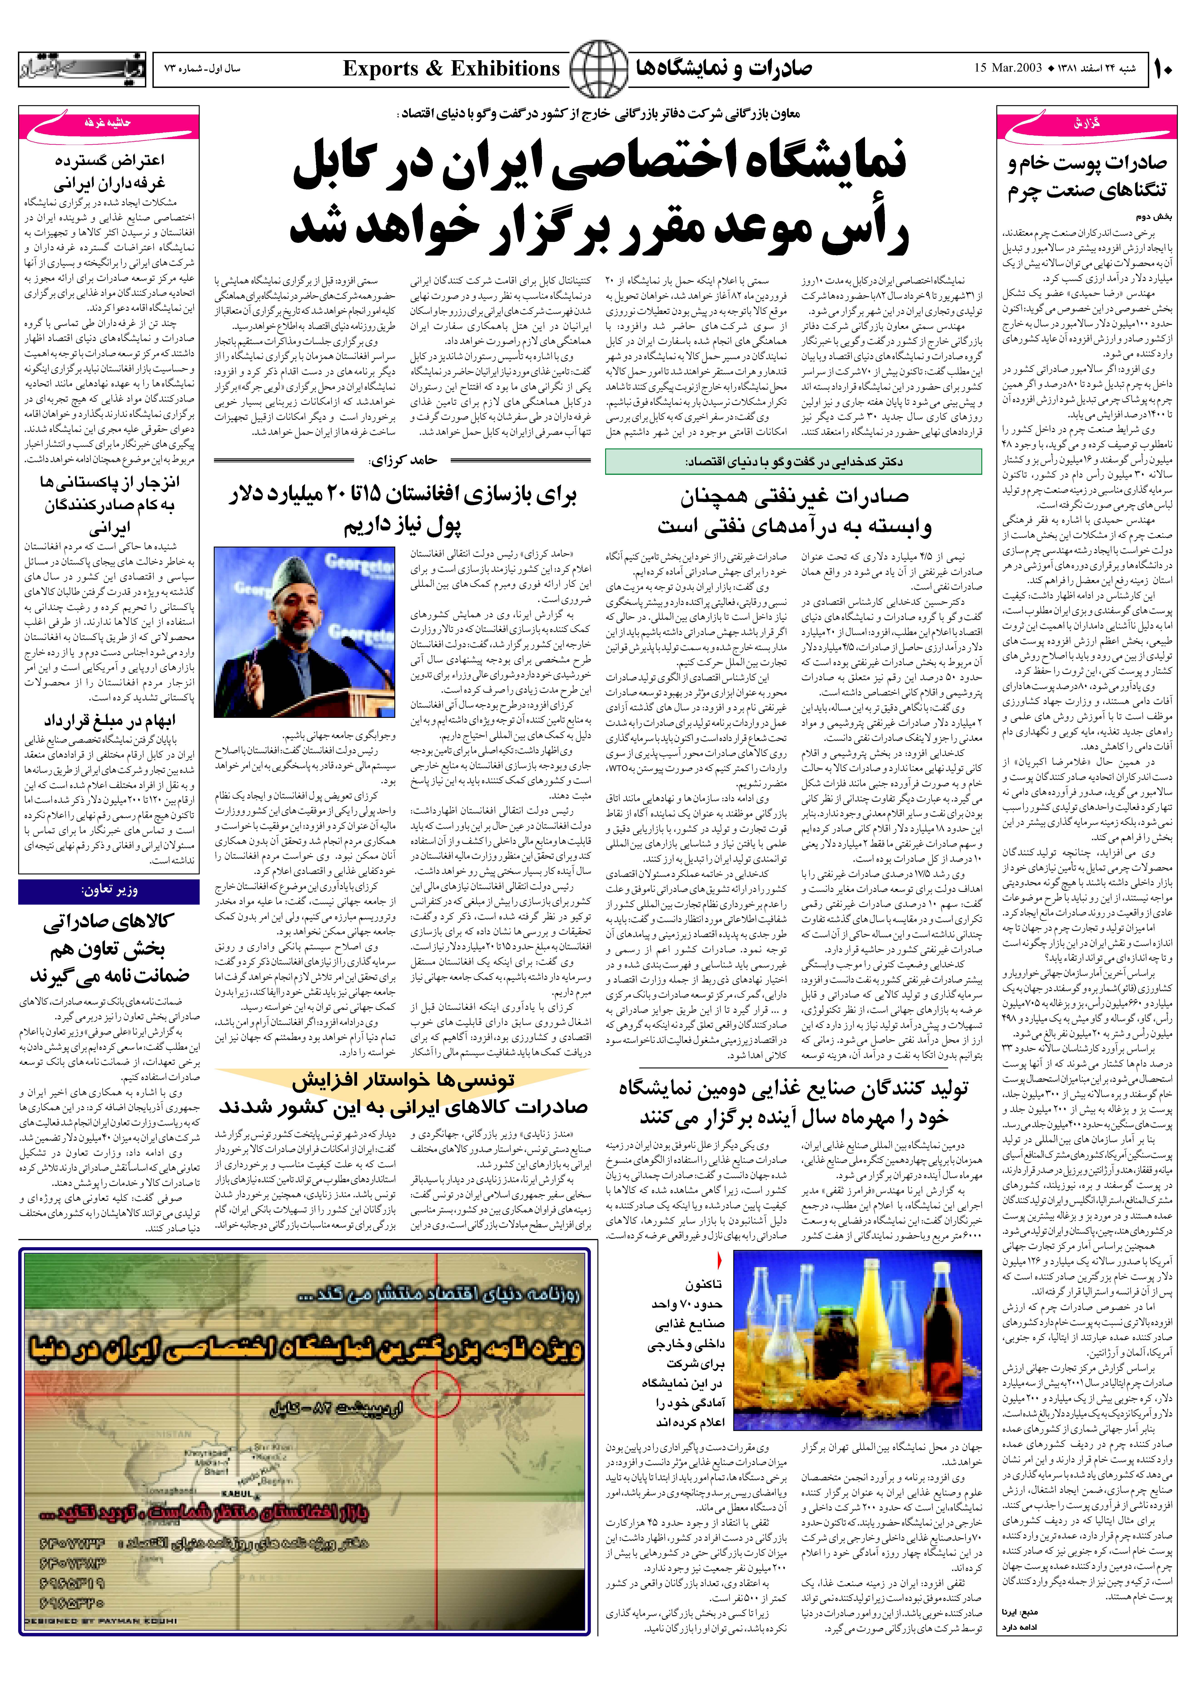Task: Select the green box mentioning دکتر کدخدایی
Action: click(x=793, y=462)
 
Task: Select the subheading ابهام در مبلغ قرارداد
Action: click(x=109, y=719)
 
